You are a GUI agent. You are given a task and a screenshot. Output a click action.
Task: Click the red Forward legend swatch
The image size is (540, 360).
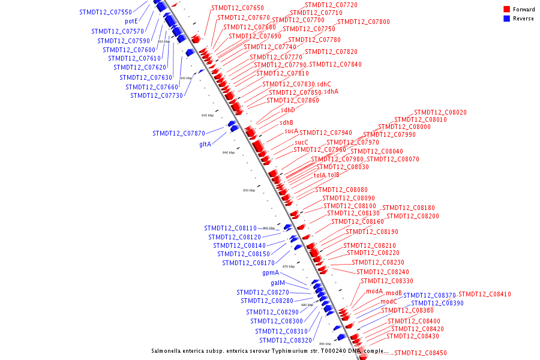pyautogui.click(x=507, y=10)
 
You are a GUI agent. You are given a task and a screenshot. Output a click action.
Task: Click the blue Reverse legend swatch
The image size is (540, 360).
pyautogui.click(x=507, y=19)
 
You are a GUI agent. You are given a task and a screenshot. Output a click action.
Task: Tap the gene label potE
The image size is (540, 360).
pyautogui.click(x=132, y=22)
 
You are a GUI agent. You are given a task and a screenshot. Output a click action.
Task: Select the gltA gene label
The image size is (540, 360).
pyautogui.click(x=205, y=145)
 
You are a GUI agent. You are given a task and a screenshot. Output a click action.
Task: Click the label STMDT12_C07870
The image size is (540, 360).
pyautogui.click(x=179, y=133)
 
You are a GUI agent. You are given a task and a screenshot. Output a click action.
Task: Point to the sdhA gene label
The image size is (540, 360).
pyautogui.click(x=331, y=92)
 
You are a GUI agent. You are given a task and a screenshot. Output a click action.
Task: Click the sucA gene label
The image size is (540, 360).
pyautogui.click(x=291, y=131)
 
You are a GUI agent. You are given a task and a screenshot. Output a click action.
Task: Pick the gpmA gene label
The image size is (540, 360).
pyautogui.click(x=271, y=273)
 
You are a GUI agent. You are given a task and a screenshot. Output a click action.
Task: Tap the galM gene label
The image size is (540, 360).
pyautogui.click(x=278, y=283)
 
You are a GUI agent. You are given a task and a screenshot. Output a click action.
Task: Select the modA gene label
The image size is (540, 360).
pyautogui.click(x=374, y=291)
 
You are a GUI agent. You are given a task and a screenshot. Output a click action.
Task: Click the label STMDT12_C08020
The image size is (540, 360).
pyautogui.click(x=440, y=112)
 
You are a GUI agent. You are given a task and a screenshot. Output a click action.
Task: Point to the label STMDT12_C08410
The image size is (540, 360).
pyautogui.click(x=485, y=295)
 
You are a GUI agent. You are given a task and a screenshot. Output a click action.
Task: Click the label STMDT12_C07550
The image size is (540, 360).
pyautogui.click(x=106, y=12)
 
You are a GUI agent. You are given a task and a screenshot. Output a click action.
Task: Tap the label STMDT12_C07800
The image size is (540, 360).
pyautogui.click(x=364, y=22)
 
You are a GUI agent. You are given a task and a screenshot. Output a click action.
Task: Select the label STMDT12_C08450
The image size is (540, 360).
pyautogui.click(x=421, y=353)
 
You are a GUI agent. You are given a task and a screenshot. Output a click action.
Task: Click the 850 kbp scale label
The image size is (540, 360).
pyautogui.click(x=249, y=190)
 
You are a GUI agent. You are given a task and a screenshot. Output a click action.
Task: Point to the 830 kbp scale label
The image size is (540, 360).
pyautogui.click(x=208, y=115)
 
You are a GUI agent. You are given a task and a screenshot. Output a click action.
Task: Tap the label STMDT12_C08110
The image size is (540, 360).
pyautogui.click(x=230, y=228)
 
